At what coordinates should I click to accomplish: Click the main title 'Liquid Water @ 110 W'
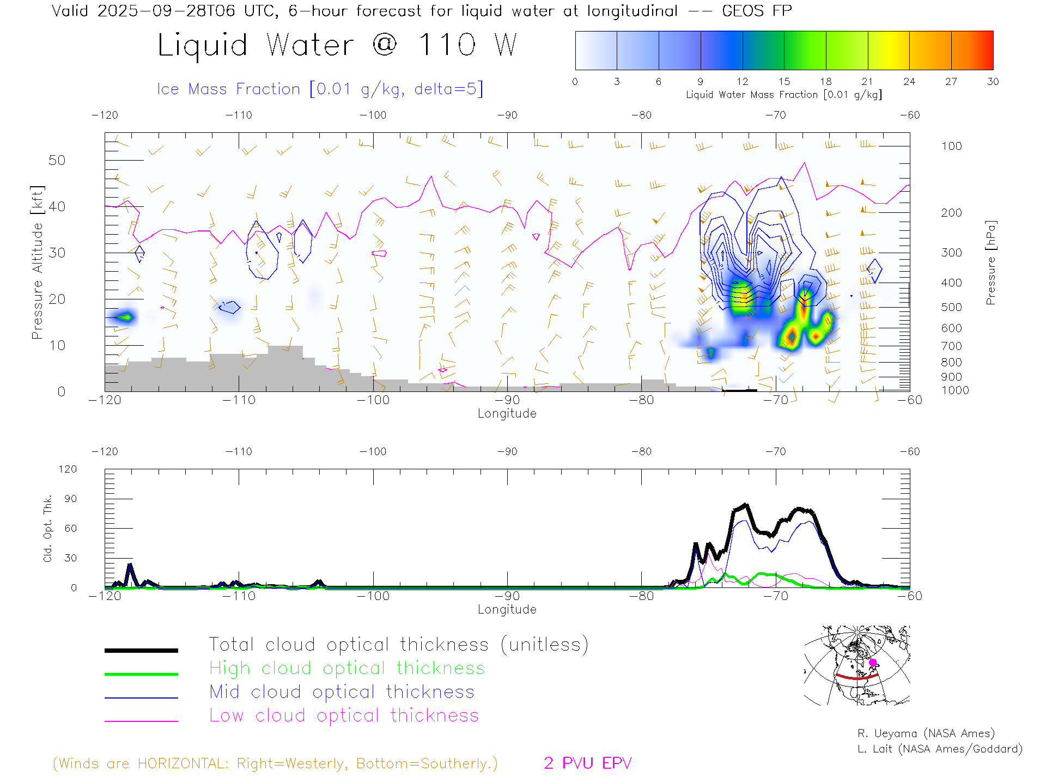pos(337,45)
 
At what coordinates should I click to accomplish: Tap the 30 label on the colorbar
pos(993,82)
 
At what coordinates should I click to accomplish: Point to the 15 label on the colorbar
pos(784,82)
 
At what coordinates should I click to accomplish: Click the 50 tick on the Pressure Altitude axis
pos(57,161)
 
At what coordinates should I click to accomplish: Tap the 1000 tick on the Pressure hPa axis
pos(955,390)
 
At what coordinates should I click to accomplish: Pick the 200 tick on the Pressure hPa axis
pos(951,213)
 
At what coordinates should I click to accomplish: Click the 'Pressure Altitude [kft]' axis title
pos(37,262)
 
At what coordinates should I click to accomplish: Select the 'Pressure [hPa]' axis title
pos(991,262)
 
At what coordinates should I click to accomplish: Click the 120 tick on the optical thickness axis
pos(68,469)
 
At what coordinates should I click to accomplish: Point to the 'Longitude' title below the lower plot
pos(507,609)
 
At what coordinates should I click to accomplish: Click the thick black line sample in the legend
pos(141,650)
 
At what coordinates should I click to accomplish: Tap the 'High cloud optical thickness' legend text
pos(347,668)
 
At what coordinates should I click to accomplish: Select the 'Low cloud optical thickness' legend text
pos(344,715)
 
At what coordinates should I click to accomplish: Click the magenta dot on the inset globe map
pos(873,663)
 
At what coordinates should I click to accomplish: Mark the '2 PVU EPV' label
pos(587,763)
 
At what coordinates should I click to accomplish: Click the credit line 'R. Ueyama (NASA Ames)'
pos(926,733)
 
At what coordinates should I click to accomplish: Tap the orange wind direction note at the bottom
pos(275,763)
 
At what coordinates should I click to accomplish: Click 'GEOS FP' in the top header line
pos(757,10)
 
